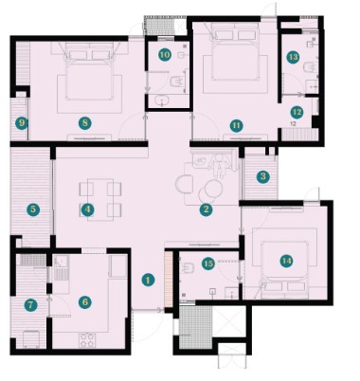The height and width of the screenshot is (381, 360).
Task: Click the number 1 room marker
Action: (148, 280)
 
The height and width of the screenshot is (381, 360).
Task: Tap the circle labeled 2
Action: (206, 209)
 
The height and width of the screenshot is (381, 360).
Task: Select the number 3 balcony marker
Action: (262, 176)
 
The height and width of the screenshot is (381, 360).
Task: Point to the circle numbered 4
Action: (87, 209)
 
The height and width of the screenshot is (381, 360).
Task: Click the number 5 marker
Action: (33, 209)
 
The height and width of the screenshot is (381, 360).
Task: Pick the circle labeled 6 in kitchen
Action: (85, 302)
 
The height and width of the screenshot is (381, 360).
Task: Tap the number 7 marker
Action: (30, 305)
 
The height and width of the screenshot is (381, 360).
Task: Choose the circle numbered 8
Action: (85, 123)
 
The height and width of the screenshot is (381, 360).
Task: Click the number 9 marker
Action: (22, 123)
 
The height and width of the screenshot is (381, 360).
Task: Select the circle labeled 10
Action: (165, 55)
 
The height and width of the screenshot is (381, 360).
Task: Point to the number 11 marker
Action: (236, 126)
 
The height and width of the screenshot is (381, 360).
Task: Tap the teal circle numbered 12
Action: (297, 112)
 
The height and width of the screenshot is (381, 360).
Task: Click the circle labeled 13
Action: (293, 57)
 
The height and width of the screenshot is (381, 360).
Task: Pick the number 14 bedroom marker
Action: (287, 261)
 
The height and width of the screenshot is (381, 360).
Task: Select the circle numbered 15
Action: (208, 263)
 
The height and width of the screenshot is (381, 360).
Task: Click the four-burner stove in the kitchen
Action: (87, 340)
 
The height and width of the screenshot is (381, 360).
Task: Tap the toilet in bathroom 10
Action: (177, 82)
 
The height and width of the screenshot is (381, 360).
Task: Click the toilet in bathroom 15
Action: (189, 268)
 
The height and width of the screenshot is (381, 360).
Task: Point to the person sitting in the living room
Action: (219, 164)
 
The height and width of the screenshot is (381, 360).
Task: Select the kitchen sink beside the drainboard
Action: (61, 262)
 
